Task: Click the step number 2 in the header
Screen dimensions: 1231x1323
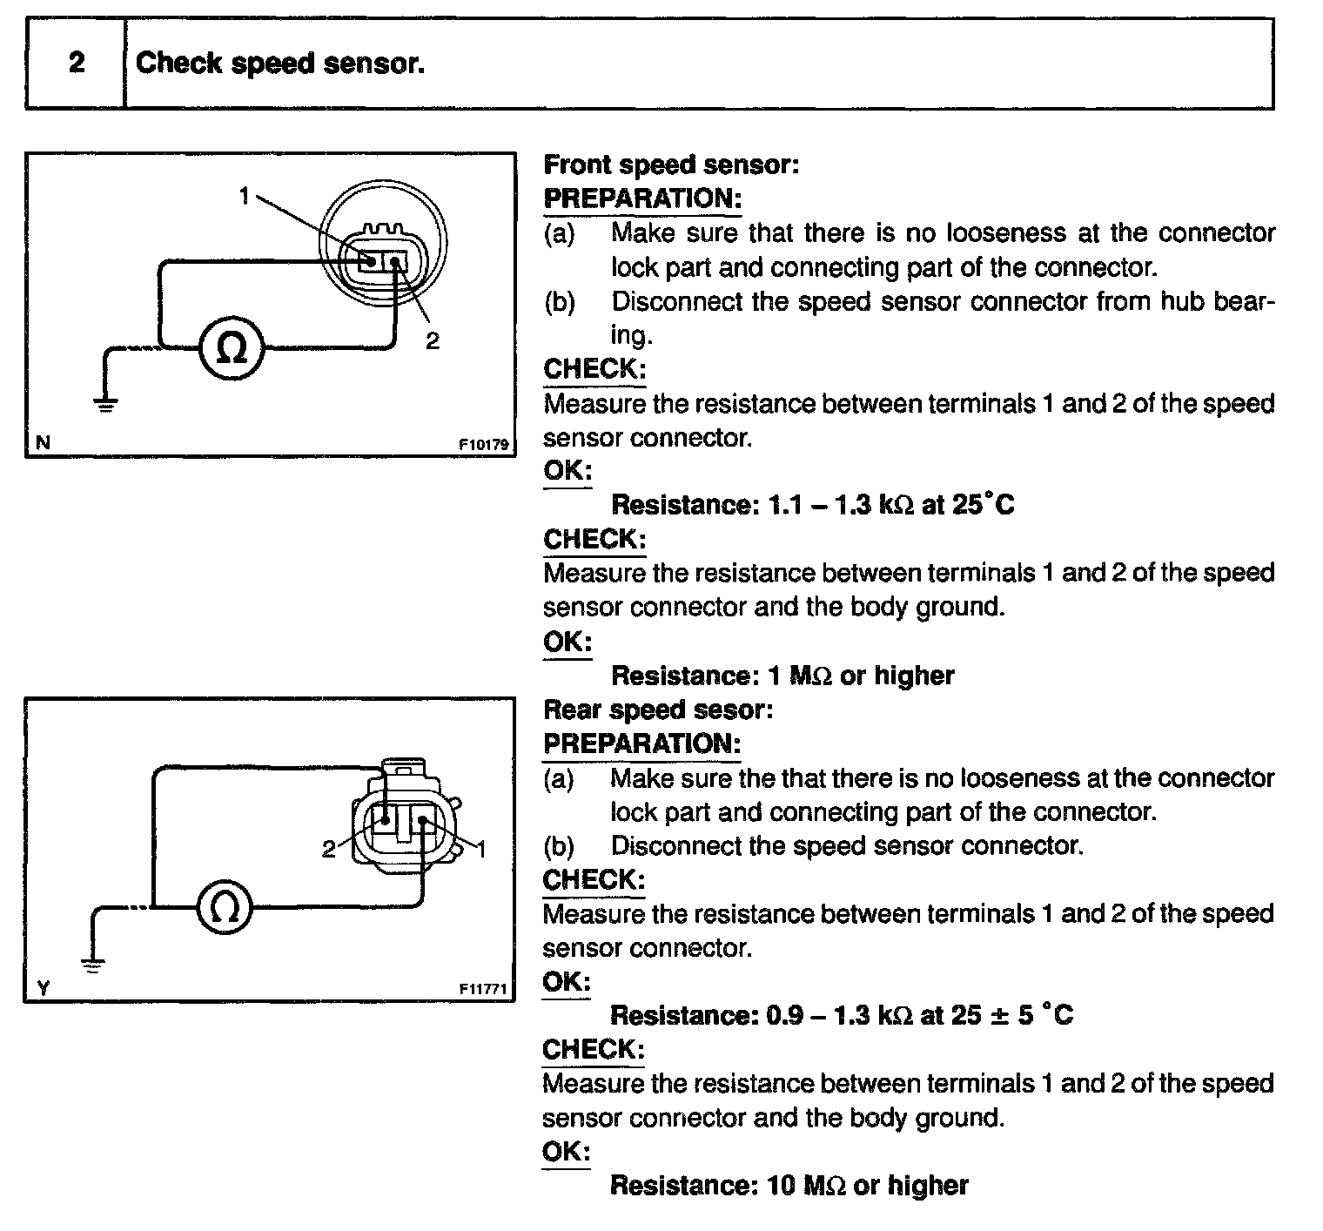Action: (x=77, y=63)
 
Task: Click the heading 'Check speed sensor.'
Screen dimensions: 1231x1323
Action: (x=280, y=63)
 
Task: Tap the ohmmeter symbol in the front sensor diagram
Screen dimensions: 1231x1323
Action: (x=231, y=347)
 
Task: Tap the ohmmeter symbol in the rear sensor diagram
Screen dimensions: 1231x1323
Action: (x=224, y=907)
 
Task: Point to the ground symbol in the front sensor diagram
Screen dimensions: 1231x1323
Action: (x=105, y=404)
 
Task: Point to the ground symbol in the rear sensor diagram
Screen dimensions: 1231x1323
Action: (x=92, y=963)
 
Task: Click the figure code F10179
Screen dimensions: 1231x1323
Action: (x=483, y=444)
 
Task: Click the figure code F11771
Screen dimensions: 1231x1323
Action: (x=483, y=989)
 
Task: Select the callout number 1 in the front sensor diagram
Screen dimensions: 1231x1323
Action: (x=245, y=197)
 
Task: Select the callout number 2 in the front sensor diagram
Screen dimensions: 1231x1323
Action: (x=433, y=340)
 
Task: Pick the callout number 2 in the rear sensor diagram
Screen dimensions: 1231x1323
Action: (x=328, y=850)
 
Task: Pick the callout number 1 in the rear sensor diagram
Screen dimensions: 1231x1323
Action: (x=481, y=848)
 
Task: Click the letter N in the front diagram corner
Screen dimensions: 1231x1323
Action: (x=43, y=443)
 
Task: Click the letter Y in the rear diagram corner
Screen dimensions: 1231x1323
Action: (x=44, y=988)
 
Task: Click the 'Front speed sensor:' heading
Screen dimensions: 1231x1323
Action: (x=671, y=165)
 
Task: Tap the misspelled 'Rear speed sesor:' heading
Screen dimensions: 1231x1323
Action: (x=658, y=710)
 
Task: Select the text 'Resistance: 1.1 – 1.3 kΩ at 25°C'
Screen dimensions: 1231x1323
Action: (x=813, y=505)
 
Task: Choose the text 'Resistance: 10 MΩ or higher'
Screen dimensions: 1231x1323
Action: (x=789, y=1185)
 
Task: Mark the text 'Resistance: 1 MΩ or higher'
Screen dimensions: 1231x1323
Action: (x=782, y=676)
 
